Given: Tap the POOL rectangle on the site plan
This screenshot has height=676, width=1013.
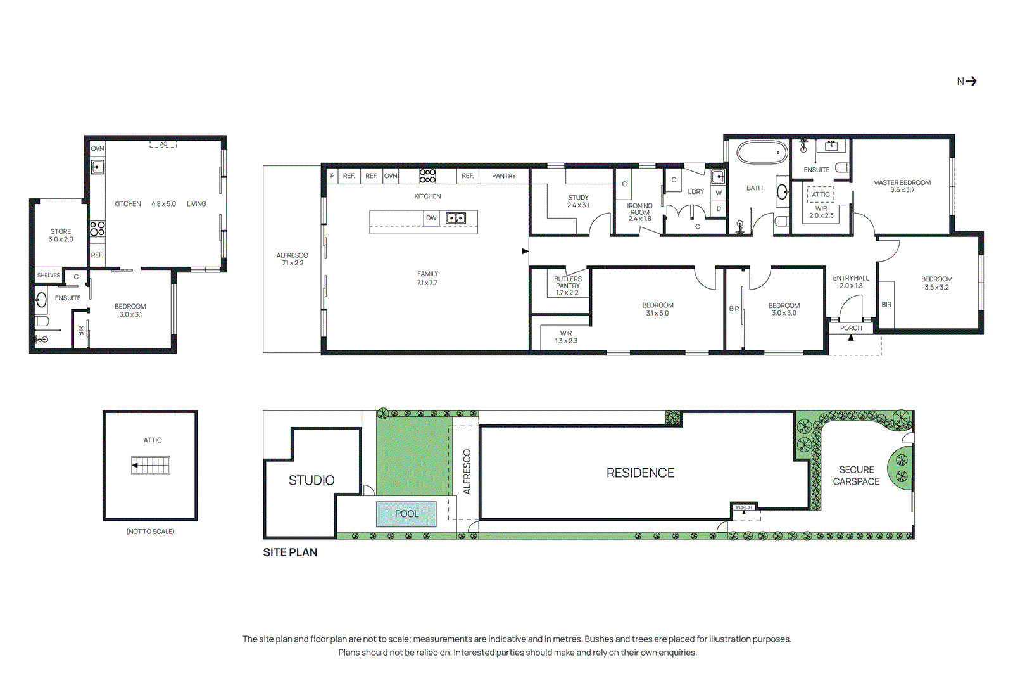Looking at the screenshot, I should click(x=406, y=514).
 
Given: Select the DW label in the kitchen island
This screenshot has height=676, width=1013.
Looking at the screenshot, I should click(x=431, y=218).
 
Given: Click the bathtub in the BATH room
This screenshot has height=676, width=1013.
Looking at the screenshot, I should click(x=762, y=153).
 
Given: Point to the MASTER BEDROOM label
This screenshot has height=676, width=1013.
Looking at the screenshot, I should click(x=902, y=186).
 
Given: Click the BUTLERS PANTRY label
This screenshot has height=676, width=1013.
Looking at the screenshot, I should click(x=567, y=286).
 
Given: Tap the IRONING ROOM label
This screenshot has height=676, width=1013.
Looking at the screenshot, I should click(x=639, y=212).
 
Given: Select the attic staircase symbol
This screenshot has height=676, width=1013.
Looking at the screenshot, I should click(x=151, y=466).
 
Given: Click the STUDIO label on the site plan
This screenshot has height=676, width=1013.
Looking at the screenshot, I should click(x=311, y=480).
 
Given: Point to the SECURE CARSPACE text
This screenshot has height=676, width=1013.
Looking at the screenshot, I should click(x=856, y=476).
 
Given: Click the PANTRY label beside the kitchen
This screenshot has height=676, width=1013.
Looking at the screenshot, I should click(x=503, y=176).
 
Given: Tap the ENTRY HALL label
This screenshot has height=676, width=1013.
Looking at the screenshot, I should click(x=850, y=282).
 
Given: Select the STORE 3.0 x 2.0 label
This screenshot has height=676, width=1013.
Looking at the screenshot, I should click(x=61, y=235).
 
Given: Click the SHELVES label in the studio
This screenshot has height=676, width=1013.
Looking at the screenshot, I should click(x=48, y=276).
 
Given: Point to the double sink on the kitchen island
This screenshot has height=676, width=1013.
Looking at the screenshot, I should click(x=456, y=218).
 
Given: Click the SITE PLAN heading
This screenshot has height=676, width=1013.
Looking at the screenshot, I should click(x=290, y=552).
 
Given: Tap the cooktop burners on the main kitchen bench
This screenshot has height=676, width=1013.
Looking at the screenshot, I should click(x=427, y=175).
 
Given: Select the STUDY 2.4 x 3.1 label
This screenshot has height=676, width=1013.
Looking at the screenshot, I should click(x=577, y=201).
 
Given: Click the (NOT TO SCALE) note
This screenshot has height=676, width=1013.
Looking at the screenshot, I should click(x=150, y=532).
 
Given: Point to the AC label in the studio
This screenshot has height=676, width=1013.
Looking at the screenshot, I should click(x=163, y=144).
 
